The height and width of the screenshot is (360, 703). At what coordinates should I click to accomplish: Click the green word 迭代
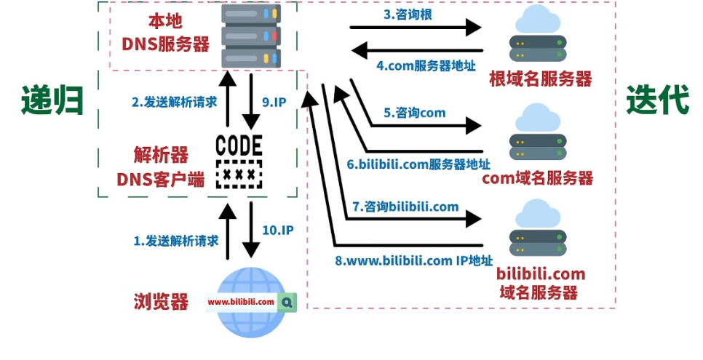pyautogui.click(x=657, y=100)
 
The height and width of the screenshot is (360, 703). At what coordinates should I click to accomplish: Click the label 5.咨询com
pyautogui.click(x=415, y=113)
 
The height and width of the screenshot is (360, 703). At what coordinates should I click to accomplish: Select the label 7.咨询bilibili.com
pyautogui.click(x=406, y=207)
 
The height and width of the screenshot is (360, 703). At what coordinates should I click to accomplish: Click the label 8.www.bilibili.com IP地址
pyautogui.click(x=413, y=260)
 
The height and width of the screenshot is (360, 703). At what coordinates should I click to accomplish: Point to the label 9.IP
pyautogui.click(x=276, y=103)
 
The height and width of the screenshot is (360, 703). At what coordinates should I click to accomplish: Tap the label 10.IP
pyautogui.click(x=277, y=230)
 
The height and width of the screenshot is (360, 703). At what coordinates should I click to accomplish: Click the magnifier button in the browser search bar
pyautogui.click(x=288, y=301)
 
